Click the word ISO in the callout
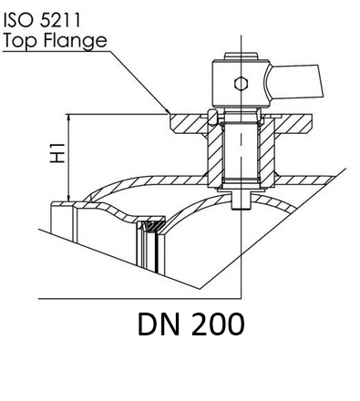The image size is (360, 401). pyautogui.click(x=18, y=20)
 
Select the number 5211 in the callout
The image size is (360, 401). pyautogui.click(x=60, y=20)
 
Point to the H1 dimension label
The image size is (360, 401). pyautogui.click(x=57, y=152)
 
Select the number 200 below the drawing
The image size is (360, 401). pyautogui.click(x=218, y=324)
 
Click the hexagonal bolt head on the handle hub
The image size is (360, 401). pyautogui.click(x=241, y=83)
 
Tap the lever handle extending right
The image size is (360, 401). pyautogui.click(x=294, y=81)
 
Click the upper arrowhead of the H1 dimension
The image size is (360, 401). pyautogui.click(x=69, y=118)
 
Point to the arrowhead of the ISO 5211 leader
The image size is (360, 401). pyautogui.click(x=167, y=111)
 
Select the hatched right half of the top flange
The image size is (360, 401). pyautogui.click(x=293, y=124)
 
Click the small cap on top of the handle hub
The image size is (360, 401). pyautogui.click(x=241, y=57)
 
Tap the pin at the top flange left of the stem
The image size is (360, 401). pyautogui.click(x=212, y=118)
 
